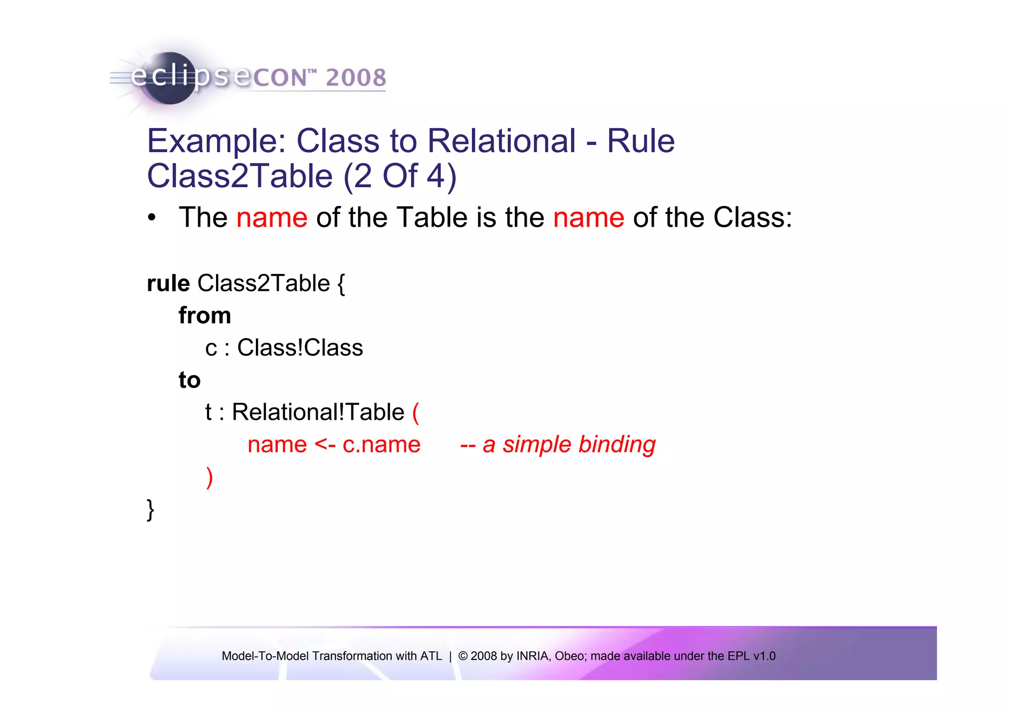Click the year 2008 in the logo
point(356,77)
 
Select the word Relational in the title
point(501,141)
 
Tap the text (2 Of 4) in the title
point(400,176)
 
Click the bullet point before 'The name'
point(152,217)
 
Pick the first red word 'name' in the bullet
point(272,217)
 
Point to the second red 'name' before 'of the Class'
point(588,217)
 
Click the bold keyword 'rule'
point(168,283)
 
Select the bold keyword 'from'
point(205,315)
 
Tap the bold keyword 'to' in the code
point(189,380)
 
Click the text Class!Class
point(300,348)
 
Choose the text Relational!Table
point(318,412)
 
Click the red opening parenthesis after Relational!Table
point(415,412)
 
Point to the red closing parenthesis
point(210,477)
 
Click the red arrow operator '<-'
point(325,444)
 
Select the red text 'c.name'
point(381,444)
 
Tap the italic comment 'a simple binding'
point(569,444)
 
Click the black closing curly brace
point(150,509)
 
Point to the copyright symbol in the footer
point(463,656)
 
